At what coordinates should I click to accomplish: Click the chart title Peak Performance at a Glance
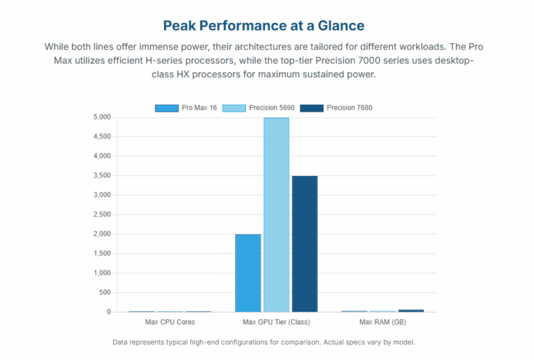pyautogui.click(x=264, y=26)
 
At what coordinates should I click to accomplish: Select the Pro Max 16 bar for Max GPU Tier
pyautogui.click(x=248, y=272)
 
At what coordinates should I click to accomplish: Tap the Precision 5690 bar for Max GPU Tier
pyautogui.click(x=276, y=215)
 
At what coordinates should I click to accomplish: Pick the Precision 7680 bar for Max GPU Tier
pyautogui.click(x=305, y=243)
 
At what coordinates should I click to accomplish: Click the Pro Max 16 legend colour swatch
pyautogui.click(x=167, y=108)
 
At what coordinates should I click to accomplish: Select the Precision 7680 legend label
pyautogui.click(x=350, y=108)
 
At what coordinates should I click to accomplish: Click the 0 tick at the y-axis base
pyautogui.click(x=108, y=312)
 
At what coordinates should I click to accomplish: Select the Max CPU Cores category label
pyautogui.click(x=170, y=322)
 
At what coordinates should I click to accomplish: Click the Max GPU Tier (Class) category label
pyautogui.click(x=276, y=322)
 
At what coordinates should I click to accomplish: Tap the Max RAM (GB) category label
pyautogui.click(x=382, y=322)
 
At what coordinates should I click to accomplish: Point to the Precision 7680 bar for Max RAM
pyautogui.click(x=411, y=311)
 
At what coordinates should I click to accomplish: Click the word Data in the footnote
pyautogui.click(x=120, y=343)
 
